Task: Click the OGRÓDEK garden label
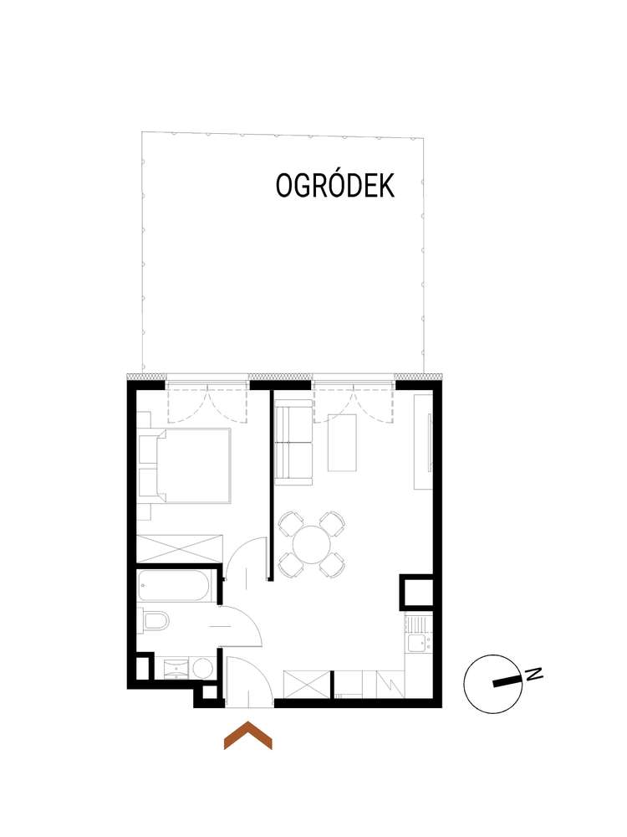coord(334,186)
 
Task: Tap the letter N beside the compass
coord(532,674)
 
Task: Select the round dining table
coord(311,545)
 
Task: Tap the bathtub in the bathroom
coord(177,585)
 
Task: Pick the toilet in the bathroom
coord(156,622)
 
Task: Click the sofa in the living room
coord(293,444)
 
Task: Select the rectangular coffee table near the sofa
coord(345,441)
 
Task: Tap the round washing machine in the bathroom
coord(201,669)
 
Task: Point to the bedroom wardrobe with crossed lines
coord(180,547)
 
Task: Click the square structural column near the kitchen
coord(416,593)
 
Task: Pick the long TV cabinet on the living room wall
coord(424,441)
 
